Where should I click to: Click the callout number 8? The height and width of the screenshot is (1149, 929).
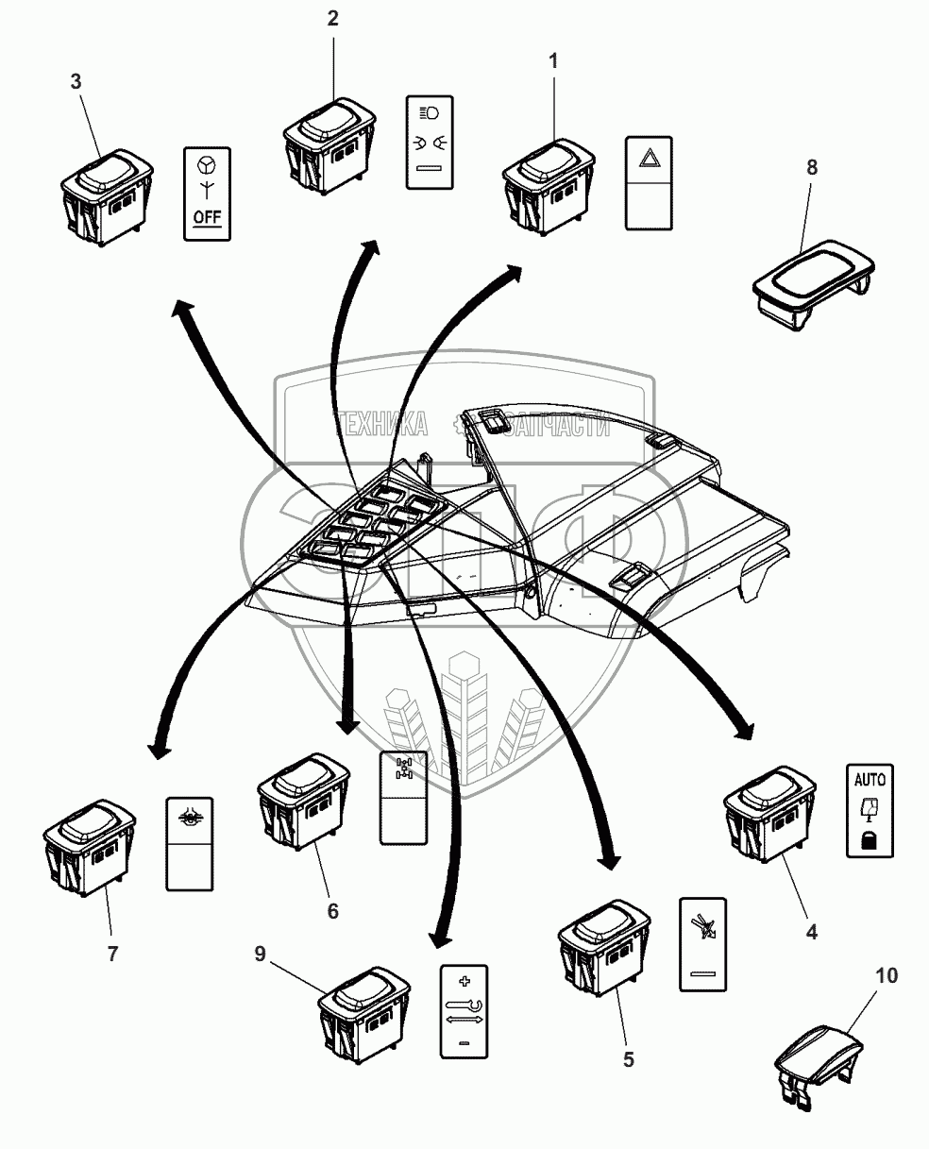pos(811,167)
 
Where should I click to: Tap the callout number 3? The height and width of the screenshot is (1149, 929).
pos(76,81)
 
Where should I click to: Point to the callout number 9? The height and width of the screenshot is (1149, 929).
pos(260,954)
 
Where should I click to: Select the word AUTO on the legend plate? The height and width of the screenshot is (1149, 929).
pos(870,780)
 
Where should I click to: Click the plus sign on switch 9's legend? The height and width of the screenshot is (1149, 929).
pos(463,980)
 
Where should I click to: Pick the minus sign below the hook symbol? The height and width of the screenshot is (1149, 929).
pos(463,1042)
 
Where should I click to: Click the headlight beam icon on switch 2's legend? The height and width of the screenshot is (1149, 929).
pos(429,113)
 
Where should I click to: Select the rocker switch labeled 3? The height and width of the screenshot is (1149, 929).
pos(106,196)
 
